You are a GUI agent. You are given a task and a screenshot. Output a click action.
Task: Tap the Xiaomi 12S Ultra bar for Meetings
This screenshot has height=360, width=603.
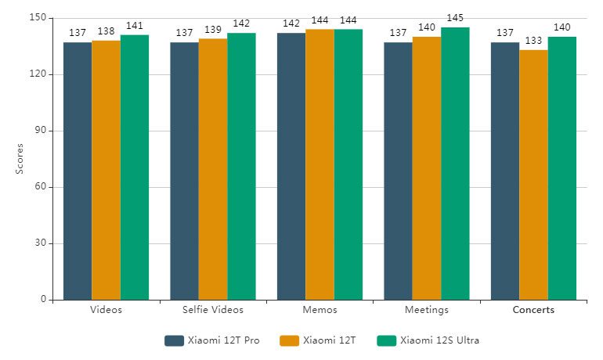tap(455, 164)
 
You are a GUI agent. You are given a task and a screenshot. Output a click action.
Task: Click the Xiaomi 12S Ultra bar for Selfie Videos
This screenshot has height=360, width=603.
tap(241, 166)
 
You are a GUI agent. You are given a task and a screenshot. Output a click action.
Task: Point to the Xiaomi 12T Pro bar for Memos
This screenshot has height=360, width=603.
tap(291, 166)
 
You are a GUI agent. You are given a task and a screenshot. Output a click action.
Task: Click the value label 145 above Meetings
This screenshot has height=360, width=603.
tap(455, 18)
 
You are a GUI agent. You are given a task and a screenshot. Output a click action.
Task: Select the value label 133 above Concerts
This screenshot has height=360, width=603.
tap(533, 41)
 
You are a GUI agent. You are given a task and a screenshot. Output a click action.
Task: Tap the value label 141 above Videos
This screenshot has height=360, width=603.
tap(135, 26)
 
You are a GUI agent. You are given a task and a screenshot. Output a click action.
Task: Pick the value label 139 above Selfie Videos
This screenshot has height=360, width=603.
tap(213, 29)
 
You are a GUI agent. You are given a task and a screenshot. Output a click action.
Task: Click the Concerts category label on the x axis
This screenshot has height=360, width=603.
tap(533, 310)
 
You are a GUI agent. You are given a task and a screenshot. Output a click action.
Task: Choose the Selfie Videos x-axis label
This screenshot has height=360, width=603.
tap(213, 310)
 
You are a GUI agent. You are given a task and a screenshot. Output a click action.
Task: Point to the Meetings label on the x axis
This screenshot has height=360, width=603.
tap(427, 310)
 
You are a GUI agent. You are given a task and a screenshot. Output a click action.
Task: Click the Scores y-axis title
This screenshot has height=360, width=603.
tap(20, 159)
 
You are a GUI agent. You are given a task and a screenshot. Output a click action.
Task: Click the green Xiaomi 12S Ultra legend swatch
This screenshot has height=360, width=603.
tap(386, 340)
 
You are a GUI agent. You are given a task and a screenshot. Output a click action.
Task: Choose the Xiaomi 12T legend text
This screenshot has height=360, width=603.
tap(330, 340)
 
